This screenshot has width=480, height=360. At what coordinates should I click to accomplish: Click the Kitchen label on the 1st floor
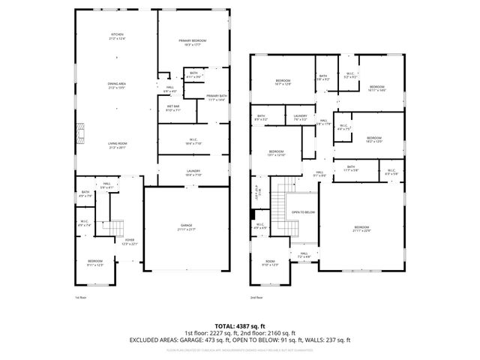[x=117, y=37]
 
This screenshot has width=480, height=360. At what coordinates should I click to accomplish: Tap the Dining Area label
[x=117, y=86]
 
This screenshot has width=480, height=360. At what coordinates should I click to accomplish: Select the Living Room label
[x=117, y=145]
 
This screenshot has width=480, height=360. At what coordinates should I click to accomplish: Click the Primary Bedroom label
[x=192, y=42]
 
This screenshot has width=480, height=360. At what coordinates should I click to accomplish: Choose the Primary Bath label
[x=217, y=97]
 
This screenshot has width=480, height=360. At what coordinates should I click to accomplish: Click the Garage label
[x=186, y=226]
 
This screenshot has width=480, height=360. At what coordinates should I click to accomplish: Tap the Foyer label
[x=130, y=241]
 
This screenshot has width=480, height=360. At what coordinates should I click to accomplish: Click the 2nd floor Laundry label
[x=300, y=117]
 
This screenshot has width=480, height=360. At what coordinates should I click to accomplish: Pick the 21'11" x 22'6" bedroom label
[x=362, y=228]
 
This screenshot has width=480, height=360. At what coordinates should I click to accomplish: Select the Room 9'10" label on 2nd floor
[x=270, y=263]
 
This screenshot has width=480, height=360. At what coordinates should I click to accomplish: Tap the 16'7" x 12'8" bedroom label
[x=283, y=82]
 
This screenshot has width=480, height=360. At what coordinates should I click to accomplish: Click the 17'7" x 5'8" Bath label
[x=351, y=170]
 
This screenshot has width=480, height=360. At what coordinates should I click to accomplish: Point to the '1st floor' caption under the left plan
[x=81, y=298]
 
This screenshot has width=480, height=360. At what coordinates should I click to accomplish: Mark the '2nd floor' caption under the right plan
[x=257, y=298]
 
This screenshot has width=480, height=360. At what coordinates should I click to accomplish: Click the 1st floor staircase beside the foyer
[x=115, y=227]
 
